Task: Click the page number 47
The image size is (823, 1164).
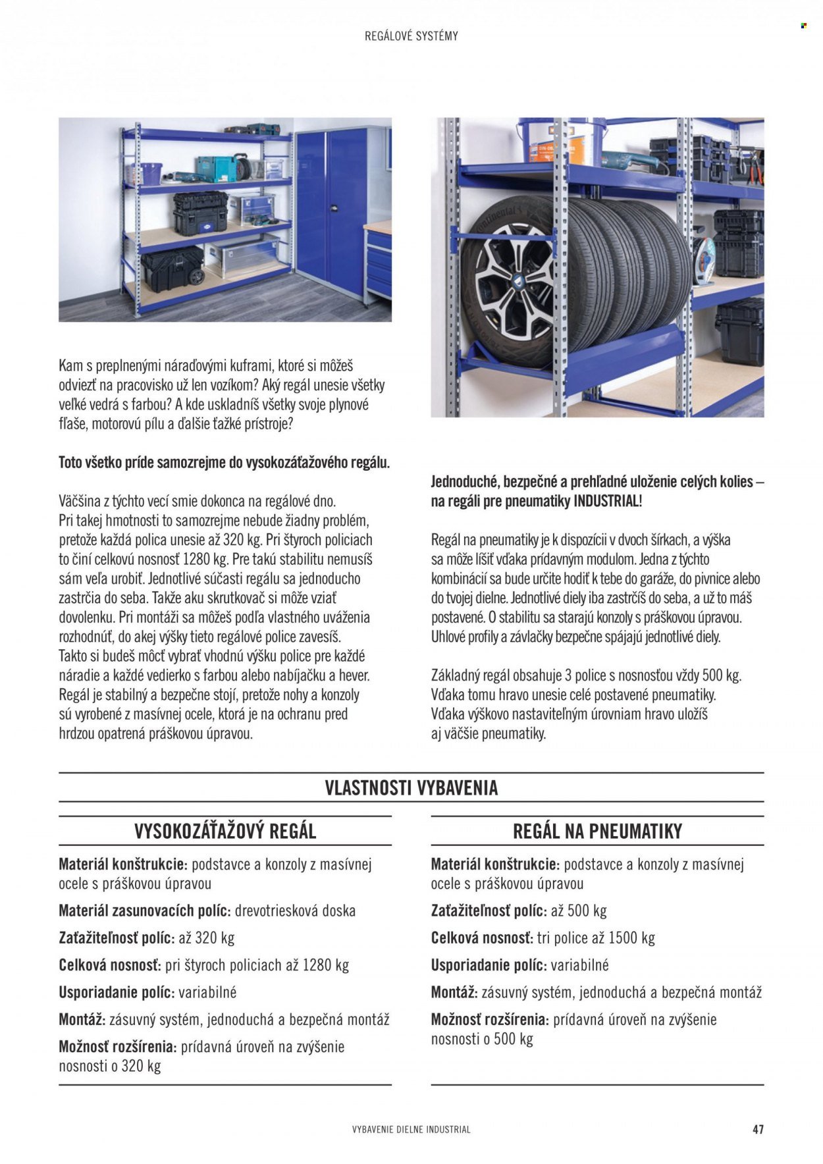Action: pyautogui.click(x=758, y=1129)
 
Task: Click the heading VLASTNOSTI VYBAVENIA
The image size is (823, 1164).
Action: pyautogui.click(x=411, y=788)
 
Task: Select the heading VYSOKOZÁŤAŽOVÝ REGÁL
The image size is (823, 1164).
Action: pyautogui.click(x=225, y=831)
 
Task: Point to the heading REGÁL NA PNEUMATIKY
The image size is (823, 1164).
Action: pyautogui.click(x=597, y=831)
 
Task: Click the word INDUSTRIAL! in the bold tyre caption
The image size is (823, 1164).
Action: pyautogui.click(x=608, y=501)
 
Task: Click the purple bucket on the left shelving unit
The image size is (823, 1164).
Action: pyautogui.click(x=151, y=173)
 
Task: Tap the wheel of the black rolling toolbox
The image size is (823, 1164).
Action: pyautogui.click(x=196, y=277)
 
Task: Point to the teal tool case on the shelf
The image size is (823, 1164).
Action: pyautogui.click(x=215, y=169)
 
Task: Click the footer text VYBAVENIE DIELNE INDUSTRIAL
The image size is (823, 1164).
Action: pyautogui.click(x=411, y=1129)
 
